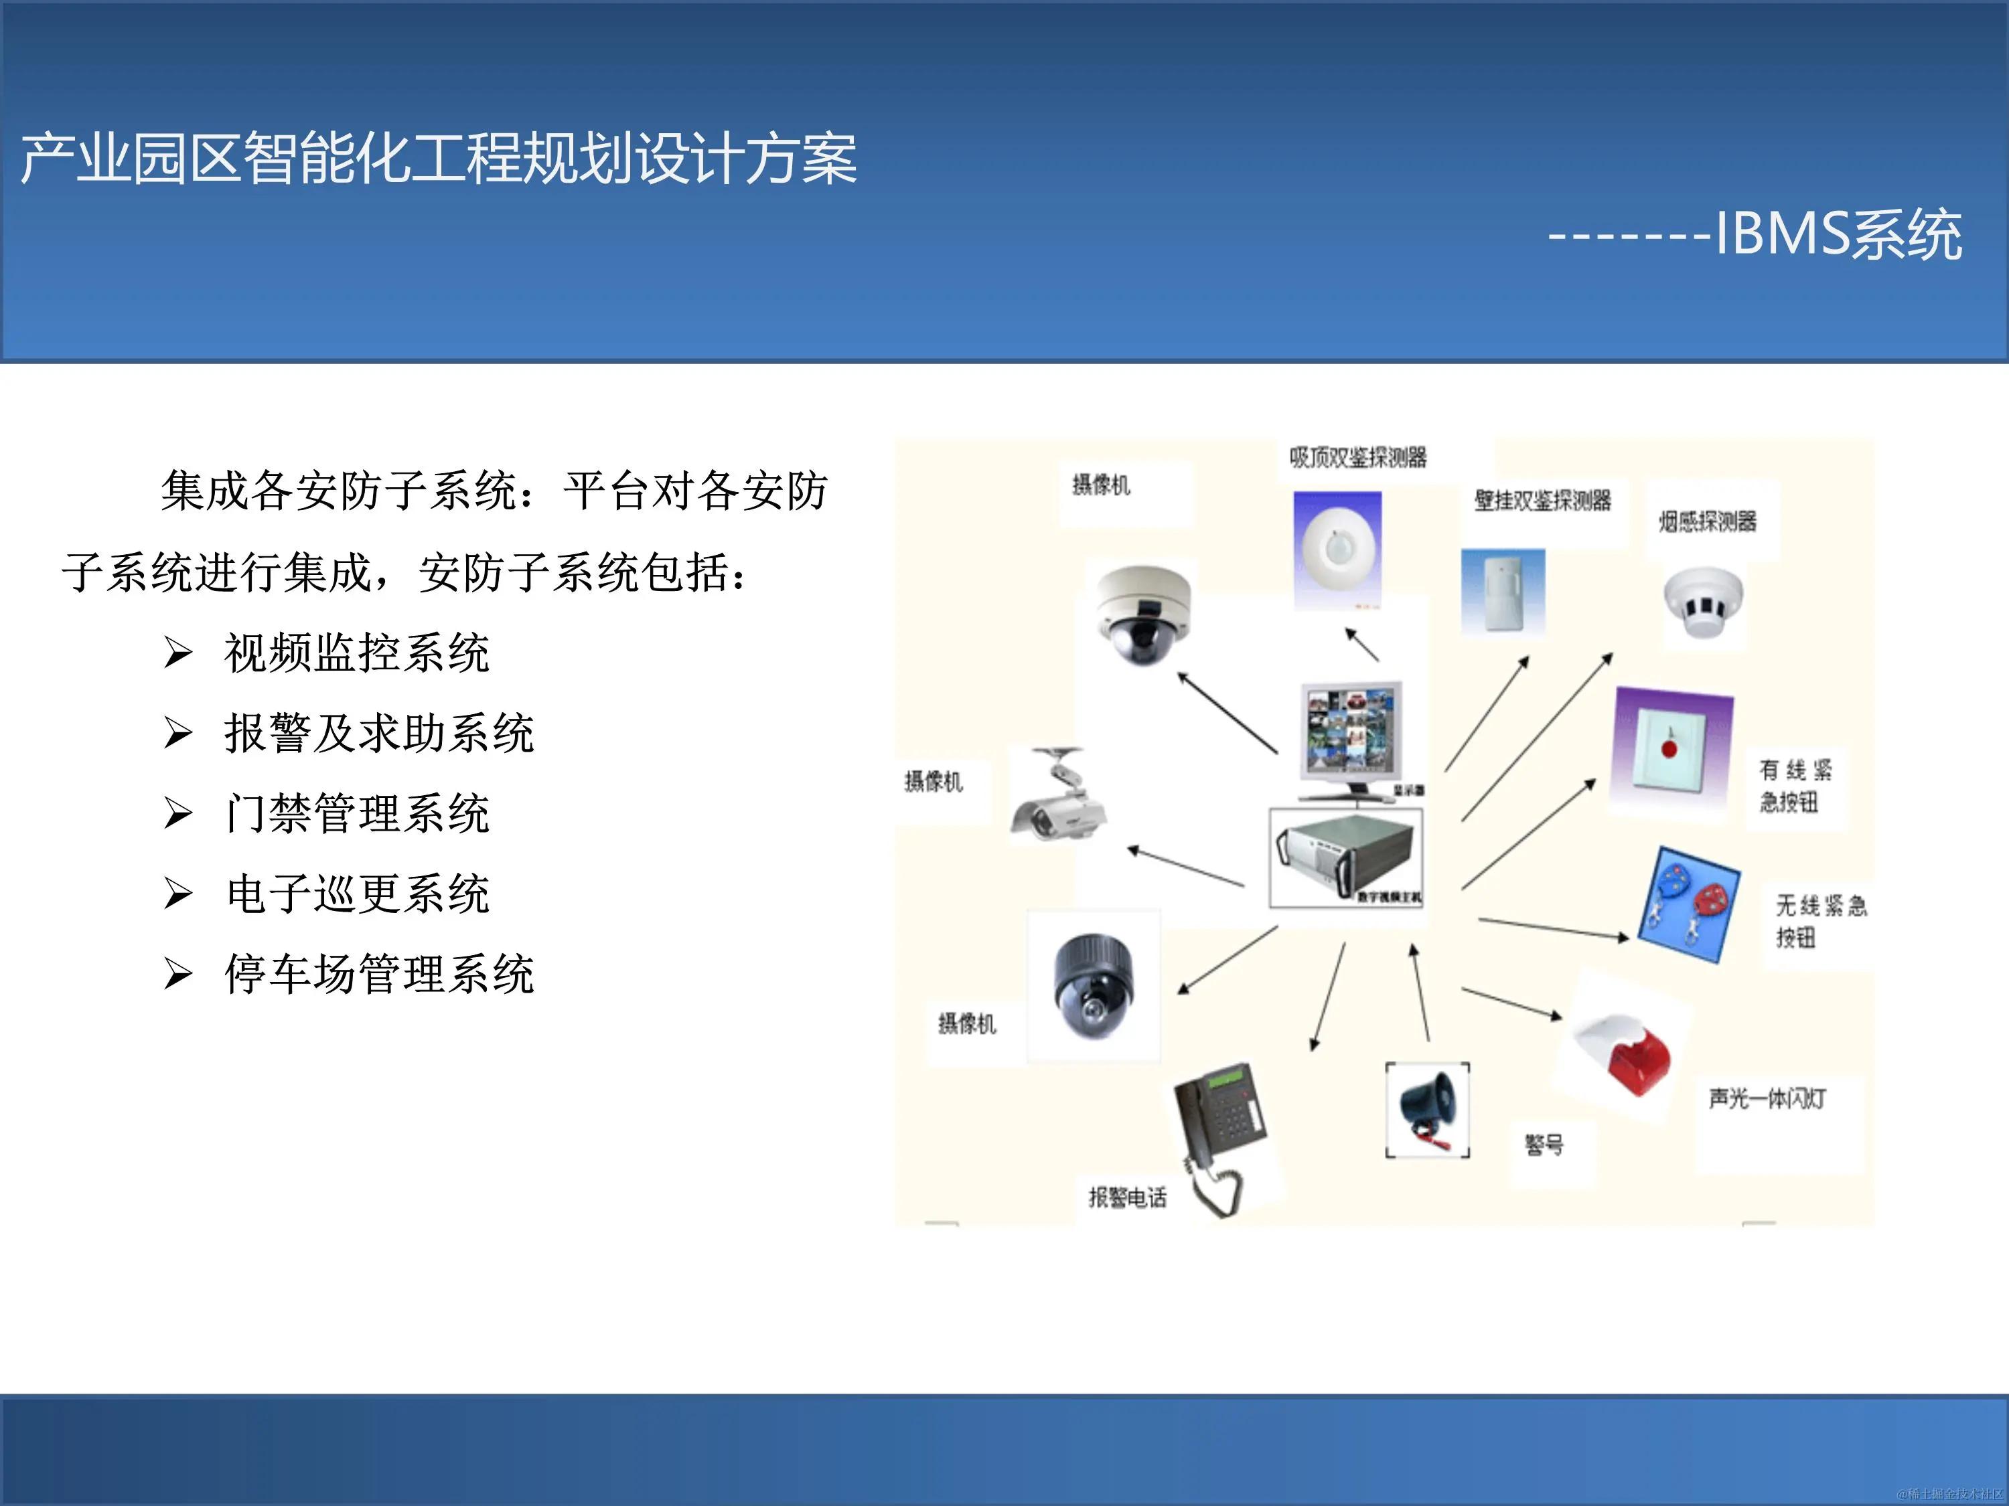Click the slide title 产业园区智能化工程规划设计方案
(x=439, y=159)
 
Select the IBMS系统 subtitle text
(x=1838, y=234)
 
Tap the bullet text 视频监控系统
(x=357, y=653)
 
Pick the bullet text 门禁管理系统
(x=357, y=813)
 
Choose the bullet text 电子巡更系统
(x=357, y=894)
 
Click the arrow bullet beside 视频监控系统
(x=178, y=653)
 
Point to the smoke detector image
(x=1703, y=603)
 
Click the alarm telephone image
(x=1219, y=1131)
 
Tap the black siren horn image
(x=1428, y=1108)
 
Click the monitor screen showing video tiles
(x=1351, y=731)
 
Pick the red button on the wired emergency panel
(x=1668, y=749)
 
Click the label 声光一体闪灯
(x=1767, y=1099)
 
